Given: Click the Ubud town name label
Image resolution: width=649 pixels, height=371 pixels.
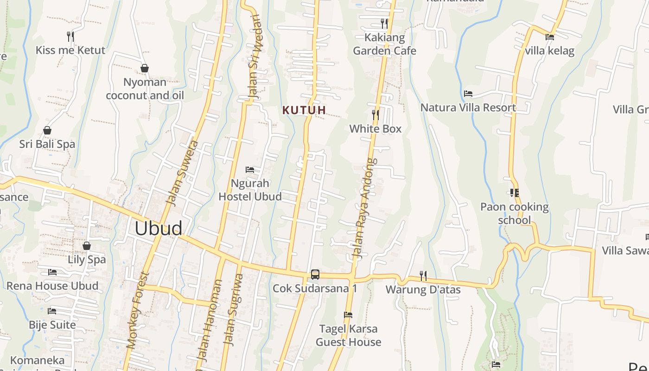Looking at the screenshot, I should pos(159,229).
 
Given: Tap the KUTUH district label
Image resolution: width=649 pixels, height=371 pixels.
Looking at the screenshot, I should pos(305,110).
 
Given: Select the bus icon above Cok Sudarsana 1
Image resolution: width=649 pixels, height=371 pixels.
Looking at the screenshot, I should pos(315,275).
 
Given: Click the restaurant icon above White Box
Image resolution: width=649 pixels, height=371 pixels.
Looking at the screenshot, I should pos(375,115).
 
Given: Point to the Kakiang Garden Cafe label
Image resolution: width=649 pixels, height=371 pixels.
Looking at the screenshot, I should pos(385,44).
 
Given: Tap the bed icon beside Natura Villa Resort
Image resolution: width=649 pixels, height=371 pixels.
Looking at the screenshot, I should pos(468,94).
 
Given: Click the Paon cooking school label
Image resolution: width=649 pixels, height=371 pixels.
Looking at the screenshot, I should pos(515,213).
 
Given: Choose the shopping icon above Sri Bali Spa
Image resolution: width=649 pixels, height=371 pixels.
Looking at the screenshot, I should pos(47,130).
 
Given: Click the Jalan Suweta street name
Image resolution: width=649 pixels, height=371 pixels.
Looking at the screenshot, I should pos(183,173).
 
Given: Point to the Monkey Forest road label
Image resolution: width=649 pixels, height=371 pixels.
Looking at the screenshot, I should pos(138,311).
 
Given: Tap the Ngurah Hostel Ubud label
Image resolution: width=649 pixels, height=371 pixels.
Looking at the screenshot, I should pos(250,190).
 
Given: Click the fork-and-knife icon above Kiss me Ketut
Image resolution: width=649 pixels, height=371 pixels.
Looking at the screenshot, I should pos(70,36).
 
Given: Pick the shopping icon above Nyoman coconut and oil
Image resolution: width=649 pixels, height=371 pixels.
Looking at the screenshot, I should pos(145,69).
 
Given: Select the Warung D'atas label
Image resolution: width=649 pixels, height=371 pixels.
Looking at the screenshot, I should pos(423,290).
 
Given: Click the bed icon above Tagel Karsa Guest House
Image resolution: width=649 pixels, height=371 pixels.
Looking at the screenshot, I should pos(348,315).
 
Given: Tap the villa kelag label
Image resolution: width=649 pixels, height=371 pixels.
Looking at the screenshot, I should pos(550,51).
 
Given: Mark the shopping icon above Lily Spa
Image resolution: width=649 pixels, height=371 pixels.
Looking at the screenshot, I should pos(87,246).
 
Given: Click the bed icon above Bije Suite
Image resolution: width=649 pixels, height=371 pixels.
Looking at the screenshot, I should pos(52,311).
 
